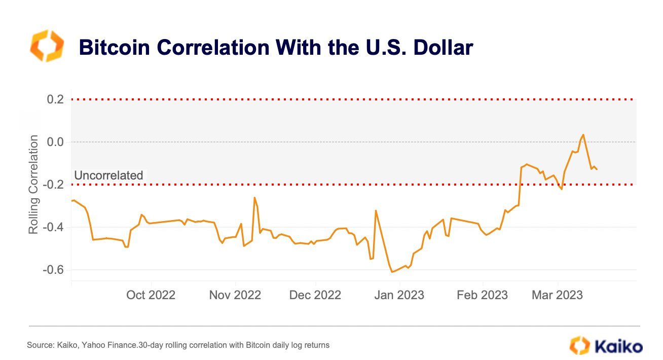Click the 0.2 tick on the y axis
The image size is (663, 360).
coord(55,99)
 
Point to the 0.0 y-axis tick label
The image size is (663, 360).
coord(55,142)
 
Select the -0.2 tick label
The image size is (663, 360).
coord(54,185)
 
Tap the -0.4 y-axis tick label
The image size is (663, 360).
coord(54,227)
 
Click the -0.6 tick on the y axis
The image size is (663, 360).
coord(54,270)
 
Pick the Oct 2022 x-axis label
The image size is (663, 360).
coord(151,295)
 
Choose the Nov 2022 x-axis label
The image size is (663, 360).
coord(235,295)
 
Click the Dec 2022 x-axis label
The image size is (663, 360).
coord(315,295)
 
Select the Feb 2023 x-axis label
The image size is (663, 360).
coord(482,295)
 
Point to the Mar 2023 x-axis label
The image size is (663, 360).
coord(557,295)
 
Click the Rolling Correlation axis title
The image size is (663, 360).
coord(33,185)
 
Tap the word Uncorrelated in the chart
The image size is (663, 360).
coord(108,175)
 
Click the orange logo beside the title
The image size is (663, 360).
coord(47,46)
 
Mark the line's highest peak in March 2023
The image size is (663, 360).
coord(583,134)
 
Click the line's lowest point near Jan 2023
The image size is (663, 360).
coord(392,272)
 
